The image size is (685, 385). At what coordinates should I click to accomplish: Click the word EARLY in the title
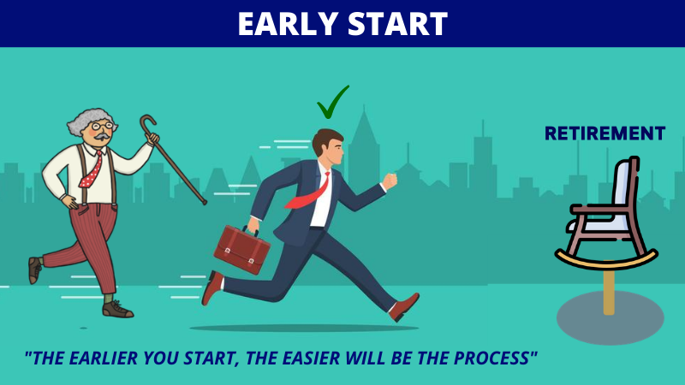pyautogui.click(x=289, y=24)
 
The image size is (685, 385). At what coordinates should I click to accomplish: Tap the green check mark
pyautogui.click(x=333, y=103)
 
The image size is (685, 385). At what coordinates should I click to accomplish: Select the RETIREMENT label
pyautogui.click(x=605, y=133)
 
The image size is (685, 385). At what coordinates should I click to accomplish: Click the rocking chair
pyautogui.click(x=607, y=214)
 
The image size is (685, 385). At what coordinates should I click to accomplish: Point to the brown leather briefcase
pyautogui.click(x=241, y=250)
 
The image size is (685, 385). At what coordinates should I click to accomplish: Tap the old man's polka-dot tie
pyautogui.click(x=92, y=171)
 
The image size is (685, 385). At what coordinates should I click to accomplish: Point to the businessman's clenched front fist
pyautogui.click(x=390, y=181)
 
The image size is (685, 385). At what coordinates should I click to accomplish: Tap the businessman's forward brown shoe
pyautogui.click(x=403, y=307)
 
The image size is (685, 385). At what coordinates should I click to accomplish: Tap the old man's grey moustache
pyautogui.click(x=102, y=137)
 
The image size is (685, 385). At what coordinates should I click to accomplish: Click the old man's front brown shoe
pyautogui.click(x=117, y=309)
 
